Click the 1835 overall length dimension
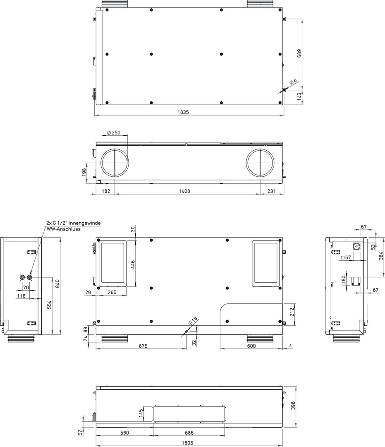pyautogui.click(x=183, y=112)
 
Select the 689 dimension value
pyautogui.click(x=299, y=53)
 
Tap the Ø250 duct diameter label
pyautogui.click(x=114, y=132)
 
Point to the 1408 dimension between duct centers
pyautogui.click(x=184, y=191)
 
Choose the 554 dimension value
pyautogui.click(x=49, y=305)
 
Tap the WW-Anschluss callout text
pyautogui.click(x=64, y=229)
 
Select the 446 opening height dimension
pyautogui.click(x=133, y=265)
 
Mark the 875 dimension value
pyautogui.click(x=143, y=346)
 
